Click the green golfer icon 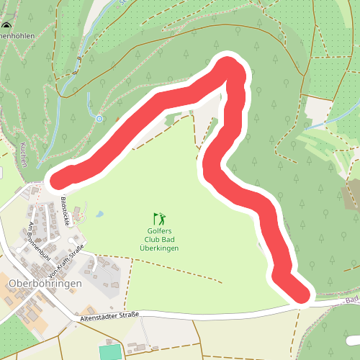[x=159, y=217]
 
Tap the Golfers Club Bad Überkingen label [x=159, y=239]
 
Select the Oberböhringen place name [x=45, y=283]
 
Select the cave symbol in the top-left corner [x=6, y=29]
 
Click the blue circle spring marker [x=99, y=118]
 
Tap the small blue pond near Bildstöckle [x=99, y=214]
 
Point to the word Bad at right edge [x=351, y=300]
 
